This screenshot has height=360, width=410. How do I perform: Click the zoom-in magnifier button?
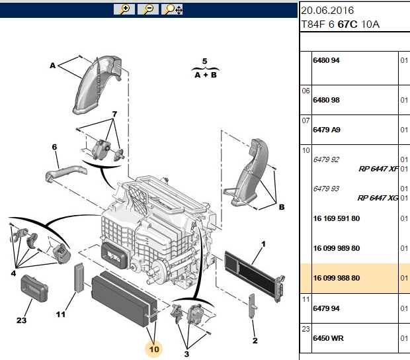(124, 9)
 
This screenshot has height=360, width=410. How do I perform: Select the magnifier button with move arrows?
(172, 9)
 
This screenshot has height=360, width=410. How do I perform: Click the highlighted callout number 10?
(154, 349)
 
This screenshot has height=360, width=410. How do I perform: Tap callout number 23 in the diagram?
(21, 320)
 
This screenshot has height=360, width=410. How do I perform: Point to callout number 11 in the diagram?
(61, 314)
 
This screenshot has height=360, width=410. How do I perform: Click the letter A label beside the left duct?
(53, 66)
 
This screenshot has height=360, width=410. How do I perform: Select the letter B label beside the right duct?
(282, 207)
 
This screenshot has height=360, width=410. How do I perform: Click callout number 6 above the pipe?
(54, 147)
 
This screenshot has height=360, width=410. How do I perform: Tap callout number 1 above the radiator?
(263, 244)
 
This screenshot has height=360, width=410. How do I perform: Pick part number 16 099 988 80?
(336, 278)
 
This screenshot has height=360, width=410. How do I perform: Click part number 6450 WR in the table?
(328, 338)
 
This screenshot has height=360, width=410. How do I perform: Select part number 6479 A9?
(327, 130)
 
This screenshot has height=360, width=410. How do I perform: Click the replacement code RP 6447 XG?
(378, 198)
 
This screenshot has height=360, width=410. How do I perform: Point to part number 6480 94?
(326, 60)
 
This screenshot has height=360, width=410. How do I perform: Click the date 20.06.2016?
(327, 11)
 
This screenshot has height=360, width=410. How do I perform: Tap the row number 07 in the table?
(306, 120)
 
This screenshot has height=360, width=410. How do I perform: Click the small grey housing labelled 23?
(34, 289)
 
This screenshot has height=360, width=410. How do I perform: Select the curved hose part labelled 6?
(66, 173)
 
